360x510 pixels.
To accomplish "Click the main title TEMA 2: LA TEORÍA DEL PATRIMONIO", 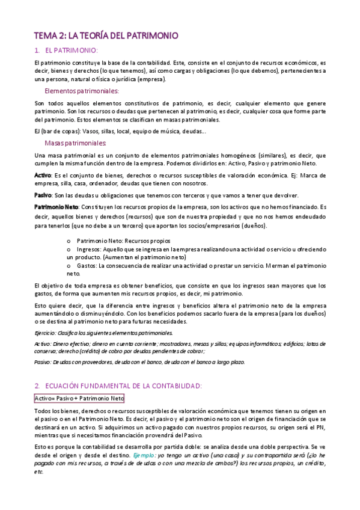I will point(105,36).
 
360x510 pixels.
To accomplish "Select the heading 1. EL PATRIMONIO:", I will point(67,51).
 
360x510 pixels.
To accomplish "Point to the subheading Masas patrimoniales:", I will point(76,143).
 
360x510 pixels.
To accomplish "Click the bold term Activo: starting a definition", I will point(43,175).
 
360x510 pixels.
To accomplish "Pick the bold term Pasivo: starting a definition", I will point(43,195).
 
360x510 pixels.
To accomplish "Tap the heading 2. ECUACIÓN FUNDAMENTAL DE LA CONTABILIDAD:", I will point(118,385).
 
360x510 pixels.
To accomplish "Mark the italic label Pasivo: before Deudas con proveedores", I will point(43,362).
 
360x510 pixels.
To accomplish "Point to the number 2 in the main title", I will point(57,36).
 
